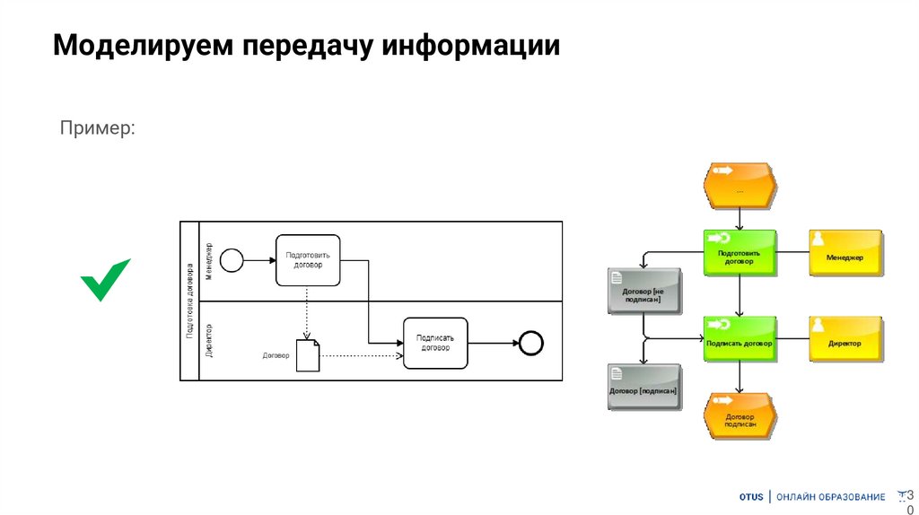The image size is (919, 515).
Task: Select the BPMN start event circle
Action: tap(232, 260)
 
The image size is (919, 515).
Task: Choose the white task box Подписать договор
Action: tap(435, 343)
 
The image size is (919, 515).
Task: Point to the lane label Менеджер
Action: tap(209, 261)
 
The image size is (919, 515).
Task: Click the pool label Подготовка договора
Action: tap(189, 301)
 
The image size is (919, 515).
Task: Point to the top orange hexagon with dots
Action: tap(739, 185)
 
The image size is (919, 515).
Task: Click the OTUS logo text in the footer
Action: tap(751, 497)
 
